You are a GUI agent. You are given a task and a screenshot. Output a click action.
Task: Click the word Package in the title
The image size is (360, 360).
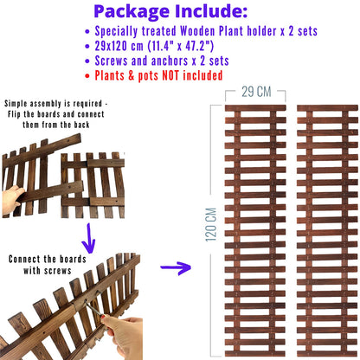tap(132, 12)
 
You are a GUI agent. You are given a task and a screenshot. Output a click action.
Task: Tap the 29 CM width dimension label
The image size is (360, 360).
tap(256, 92)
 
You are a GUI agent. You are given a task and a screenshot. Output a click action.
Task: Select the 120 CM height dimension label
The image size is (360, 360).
tap(211, 225)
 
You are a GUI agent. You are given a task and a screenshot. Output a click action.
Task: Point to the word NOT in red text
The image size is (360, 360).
tap(171, 75)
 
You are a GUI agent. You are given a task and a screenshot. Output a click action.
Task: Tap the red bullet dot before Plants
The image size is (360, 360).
tap(87, 76)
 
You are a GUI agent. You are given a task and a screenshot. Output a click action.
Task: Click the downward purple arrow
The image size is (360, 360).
tap(89, 238)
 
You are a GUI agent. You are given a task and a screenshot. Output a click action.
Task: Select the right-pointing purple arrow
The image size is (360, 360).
tap(176, 267)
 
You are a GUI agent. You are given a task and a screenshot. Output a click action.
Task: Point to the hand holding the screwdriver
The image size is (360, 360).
tap(124, 336)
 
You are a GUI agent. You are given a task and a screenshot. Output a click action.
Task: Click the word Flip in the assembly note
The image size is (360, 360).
tap(15, 114)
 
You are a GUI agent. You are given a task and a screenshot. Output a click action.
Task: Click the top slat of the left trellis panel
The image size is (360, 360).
tap(255, 108)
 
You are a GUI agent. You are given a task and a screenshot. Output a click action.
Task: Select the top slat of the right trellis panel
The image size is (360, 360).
tap(327, 108)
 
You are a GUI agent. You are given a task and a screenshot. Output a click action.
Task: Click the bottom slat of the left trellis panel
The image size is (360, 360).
tap(255, 354)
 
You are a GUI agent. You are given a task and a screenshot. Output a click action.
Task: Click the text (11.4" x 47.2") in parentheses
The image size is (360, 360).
tap(181, 46)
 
